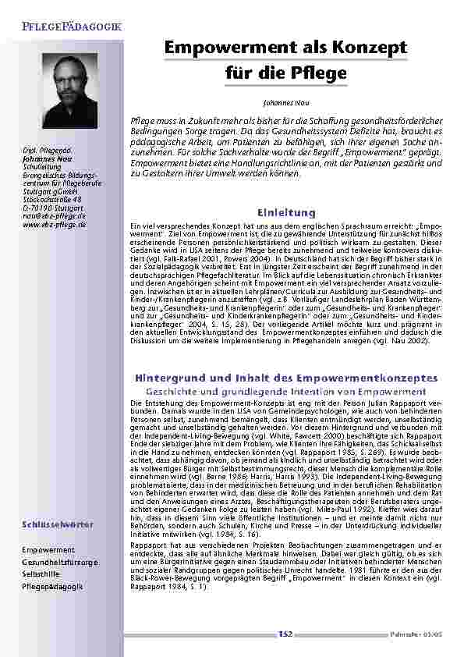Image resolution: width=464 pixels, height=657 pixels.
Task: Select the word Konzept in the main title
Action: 367,48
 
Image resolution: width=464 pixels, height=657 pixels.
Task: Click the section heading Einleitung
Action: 285,212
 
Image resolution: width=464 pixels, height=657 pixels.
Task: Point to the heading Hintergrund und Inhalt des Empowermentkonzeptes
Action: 285,378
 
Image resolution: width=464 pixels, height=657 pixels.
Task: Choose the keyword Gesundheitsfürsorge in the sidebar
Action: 61,562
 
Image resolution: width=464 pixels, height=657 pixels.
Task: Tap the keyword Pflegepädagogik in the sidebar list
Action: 53,585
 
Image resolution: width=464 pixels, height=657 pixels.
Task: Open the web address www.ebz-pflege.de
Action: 55,224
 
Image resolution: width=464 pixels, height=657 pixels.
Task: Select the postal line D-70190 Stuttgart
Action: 53,208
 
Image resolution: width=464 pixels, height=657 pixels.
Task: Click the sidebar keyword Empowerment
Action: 49,550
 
